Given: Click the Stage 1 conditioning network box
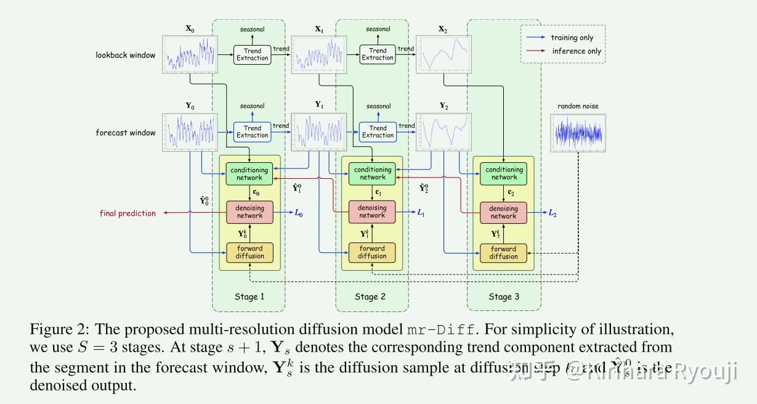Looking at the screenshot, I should point(249,174).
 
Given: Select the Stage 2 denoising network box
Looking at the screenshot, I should point(372,212).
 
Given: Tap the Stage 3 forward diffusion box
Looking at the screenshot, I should point(504,253).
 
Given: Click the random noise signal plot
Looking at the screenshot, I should point(578,132).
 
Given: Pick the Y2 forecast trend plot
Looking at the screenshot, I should point(443,132).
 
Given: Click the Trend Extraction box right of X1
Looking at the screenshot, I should point(378,54).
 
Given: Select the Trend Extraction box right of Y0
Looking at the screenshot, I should point(252,132).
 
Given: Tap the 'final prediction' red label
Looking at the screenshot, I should point(128,213).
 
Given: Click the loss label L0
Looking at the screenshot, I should point(299,213).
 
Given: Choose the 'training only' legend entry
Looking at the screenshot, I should point(572,38).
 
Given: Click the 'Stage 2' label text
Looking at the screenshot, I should point(370,297).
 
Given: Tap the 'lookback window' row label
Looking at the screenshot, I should point(125,55).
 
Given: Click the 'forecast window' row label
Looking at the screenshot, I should point(126,133).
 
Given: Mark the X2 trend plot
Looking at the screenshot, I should point(443,54).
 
